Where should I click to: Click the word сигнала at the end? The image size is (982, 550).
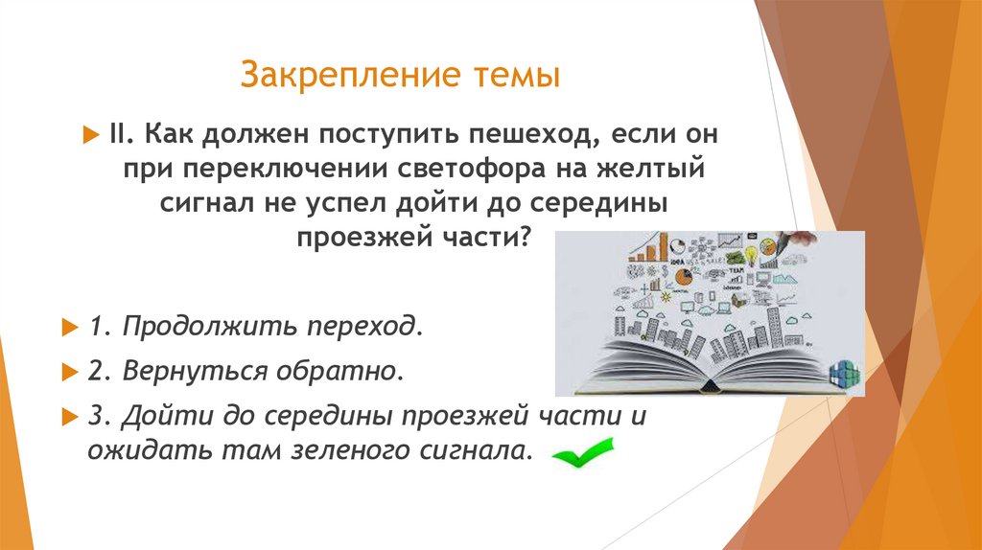pos(474,450)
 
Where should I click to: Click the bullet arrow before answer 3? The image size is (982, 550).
pos(68,416)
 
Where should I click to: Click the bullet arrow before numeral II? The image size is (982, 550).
pos(91,133)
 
